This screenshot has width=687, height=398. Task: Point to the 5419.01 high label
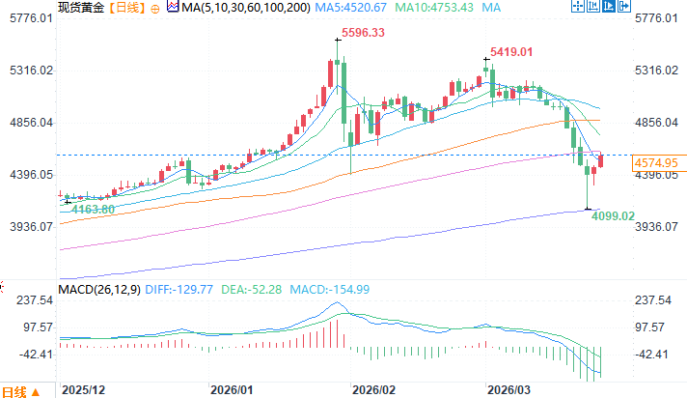511,51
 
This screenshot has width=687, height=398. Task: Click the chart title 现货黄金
80,7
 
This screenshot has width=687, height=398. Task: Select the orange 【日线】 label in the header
125,7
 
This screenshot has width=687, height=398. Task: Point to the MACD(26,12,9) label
98,289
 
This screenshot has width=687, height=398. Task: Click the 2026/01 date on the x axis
233,388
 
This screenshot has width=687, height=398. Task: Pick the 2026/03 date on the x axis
508,388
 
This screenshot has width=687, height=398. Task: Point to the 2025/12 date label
82,388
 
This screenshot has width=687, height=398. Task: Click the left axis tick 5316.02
27,71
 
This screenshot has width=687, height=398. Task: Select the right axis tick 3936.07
658,226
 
